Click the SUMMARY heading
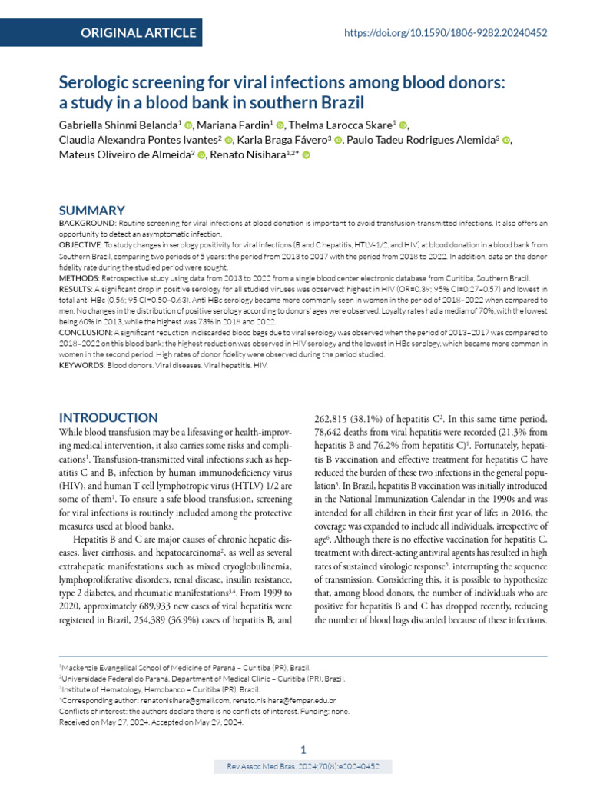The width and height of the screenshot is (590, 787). pos(92,210)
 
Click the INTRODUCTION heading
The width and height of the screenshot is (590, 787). pos(109,417)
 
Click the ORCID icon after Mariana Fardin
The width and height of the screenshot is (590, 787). pos(280,125)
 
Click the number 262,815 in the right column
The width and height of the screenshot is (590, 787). pos(338,419)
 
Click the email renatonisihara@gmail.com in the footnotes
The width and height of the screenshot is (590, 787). pos(184,701)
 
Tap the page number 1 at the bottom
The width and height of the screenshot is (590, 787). pos(303,749)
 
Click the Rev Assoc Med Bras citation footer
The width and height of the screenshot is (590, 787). pos(303,767)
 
